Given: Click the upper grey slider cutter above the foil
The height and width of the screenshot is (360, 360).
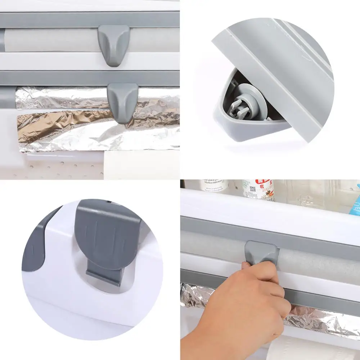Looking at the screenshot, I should tap(113, 44).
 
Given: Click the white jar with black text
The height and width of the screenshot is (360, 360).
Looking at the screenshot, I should tap(215, 185).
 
